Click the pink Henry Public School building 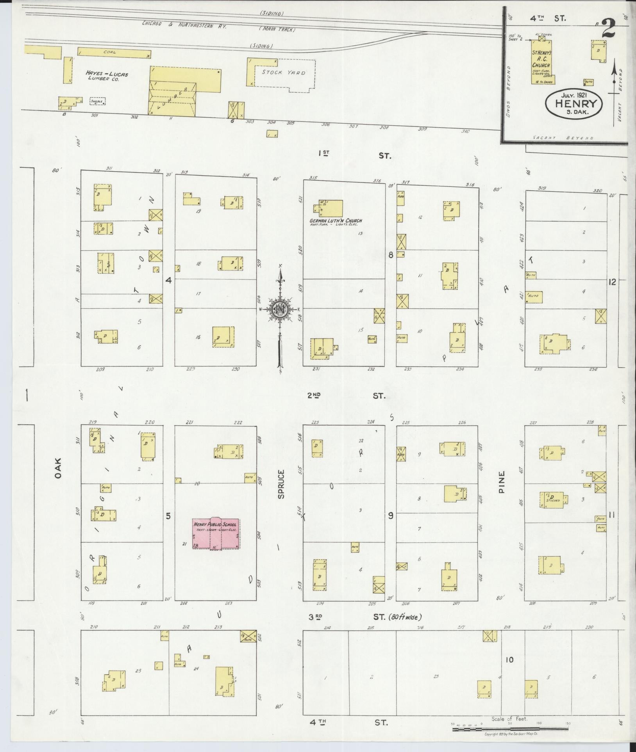pyautogui.click(x=216, y=533)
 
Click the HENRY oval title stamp pyautogui.click(x=574, y=103)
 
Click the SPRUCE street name pyautogui.click(x=281, y=484)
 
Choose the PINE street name pyautogui.click(x=502, y=482)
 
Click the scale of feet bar pyautogui.click(x=510, y=729)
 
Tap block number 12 pyautogui.click(x=612, y=282)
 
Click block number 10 pyautogui.click(x=509, y=660)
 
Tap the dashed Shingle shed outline pyautogui.click(x=97, y=101)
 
